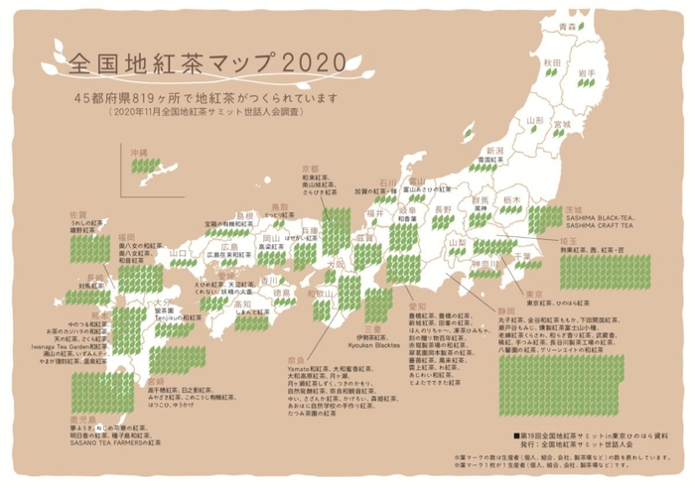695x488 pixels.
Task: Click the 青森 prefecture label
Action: [568, 27]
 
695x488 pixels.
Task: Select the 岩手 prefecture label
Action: [586, 73]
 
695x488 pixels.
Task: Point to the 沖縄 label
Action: [138, 154]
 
